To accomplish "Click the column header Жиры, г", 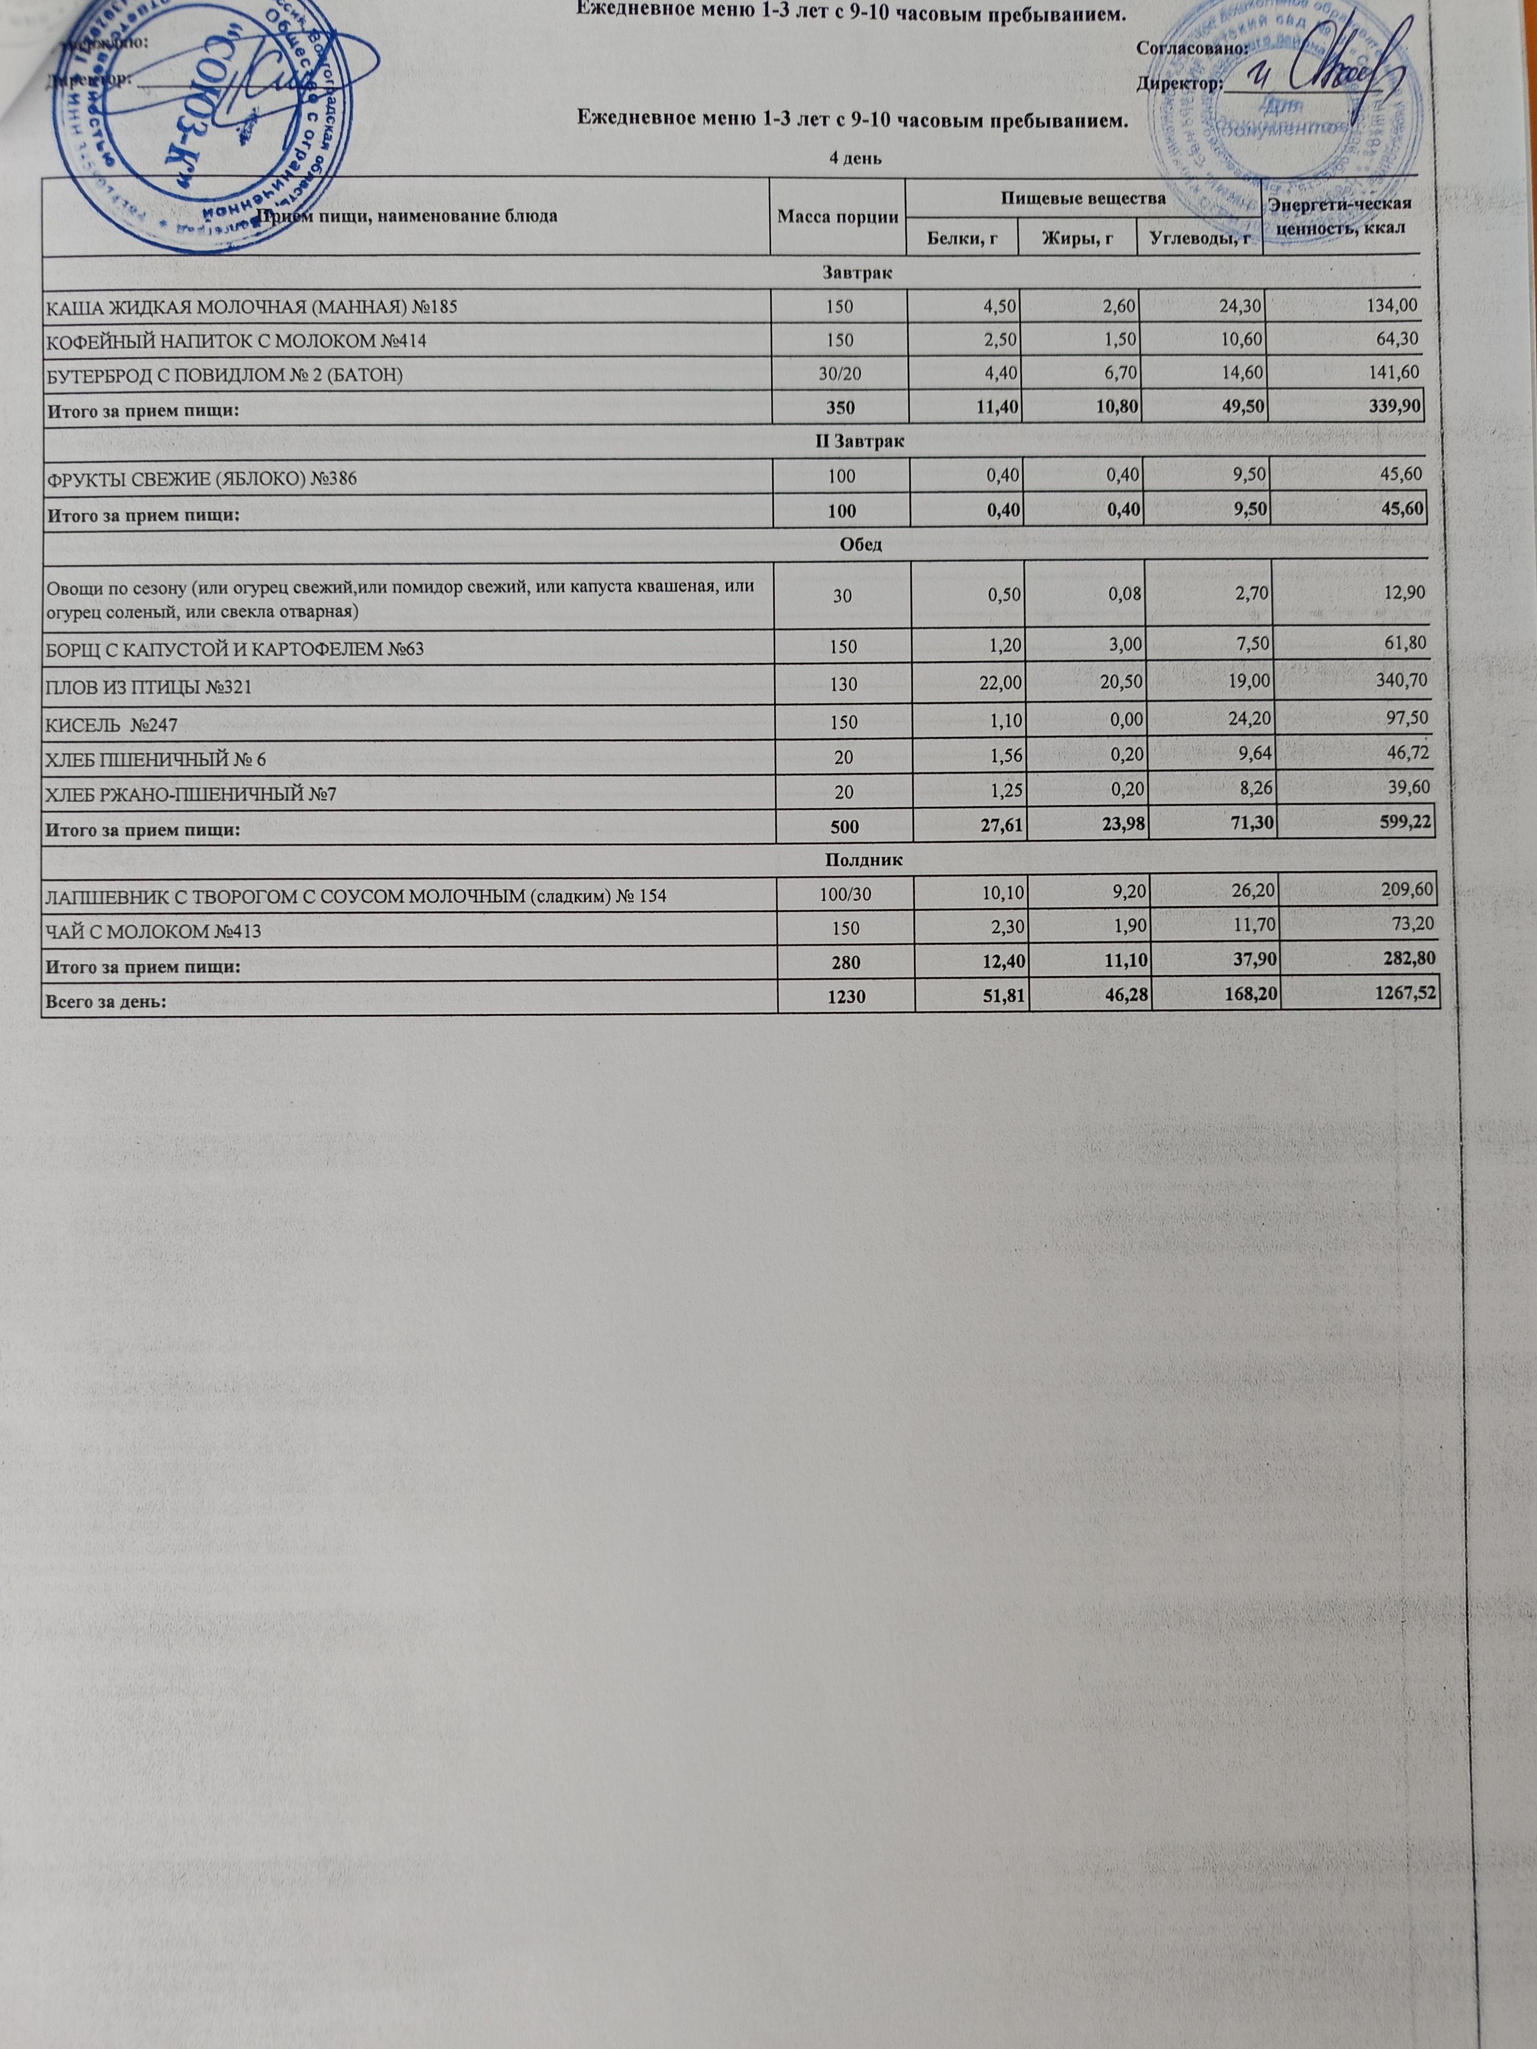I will coord(1077,240).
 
